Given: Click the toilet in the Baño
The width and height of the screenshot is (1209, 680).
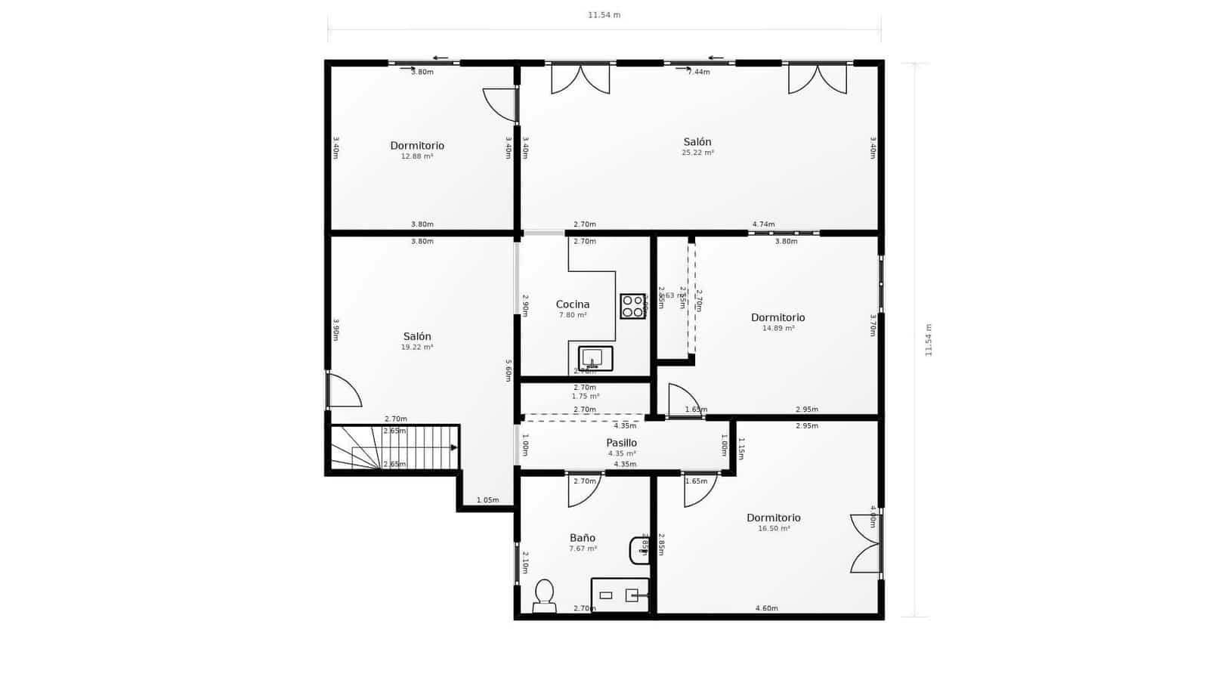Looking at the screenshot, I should click(544, 595).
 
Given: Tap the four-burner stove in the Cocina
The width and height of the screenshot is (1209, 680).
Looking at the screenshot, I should click(632, 306).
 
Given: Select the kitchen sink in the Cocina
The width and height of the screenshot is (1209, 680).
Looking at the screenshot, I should click(595, 358).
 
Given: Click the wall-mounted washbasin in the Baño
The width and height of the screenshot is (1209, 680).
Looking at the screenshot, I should click(639, 550).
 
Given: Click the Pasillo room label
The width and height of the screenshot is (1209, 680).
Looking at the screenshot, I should click(621, 443).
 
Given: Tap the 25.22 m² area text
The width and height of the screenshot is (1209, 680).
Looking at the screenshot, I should click(697, 153).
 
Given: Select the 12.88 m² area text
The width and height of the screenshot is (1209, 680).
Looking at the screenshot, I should click(416, 156).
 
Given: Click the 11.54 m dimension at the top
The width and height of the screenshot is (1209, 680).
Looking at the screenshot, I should click(604, 15).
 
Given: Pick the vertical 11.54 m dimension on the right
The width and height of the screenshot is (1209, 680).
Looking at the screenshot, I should click(929, 340).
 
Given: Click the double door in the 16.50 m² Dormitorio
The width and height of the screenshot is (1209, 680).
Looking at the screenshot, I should click(867, 543).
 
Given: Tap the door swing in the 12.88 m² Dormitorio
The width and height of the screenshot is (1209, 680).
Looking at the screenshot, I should click(499, 104).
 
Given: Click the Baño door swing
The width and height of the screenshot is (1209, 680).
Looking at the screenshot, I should click(584, 489).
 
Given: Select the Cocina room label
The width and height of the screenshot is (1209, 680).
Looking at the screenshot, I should click(572, 304).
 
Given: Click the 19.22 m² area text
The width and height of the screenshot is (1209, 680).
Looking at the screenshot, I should click(416, 348).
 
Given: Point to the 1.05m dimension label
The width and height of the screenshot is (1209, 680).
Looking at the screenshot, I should click(487, 500).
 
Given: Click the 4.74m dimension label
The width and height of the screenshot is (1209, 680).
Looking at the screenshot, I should click(763, 224).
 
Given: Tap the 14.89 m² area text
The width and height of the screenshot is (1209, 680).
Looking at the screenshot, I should click(778, 329).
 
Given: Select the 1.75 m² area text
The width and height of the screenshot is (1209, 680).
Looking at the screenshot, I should click(585, 396).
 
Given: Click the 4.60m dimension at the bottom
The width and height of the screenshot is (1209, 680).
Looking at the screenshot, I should click(766, 608).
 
